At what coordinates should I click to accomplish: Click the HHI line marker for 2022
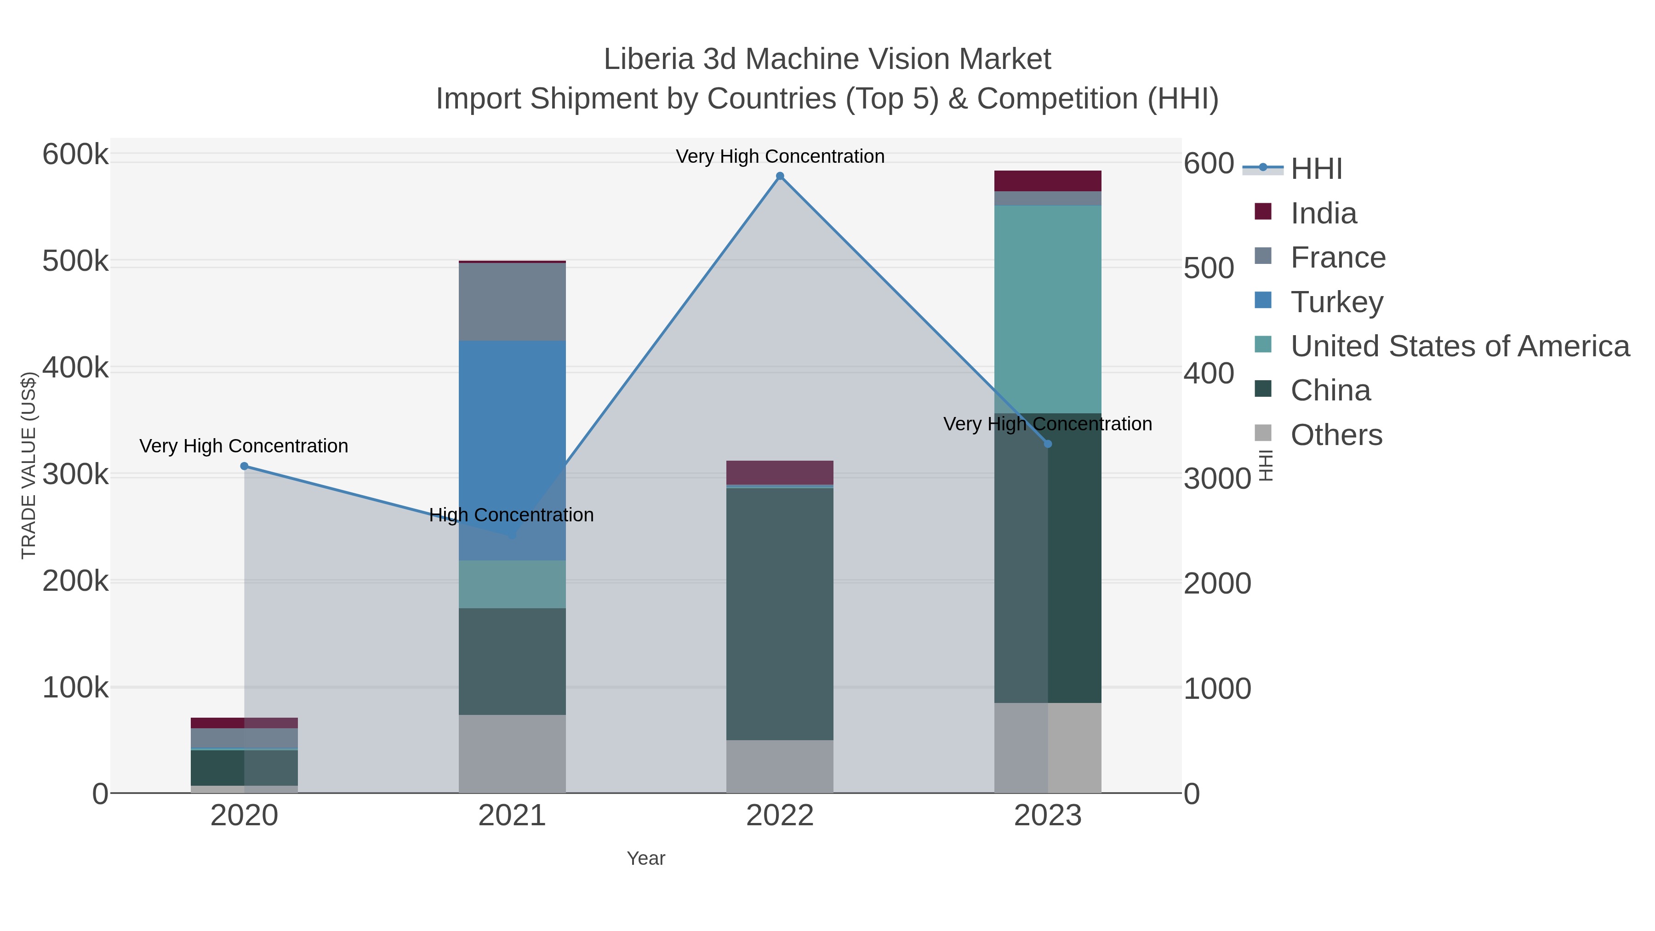[780, 176]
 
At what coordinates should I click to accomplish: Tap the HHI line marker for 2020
[244, 467]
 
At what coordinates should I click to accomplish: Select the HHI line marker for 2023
[1048, 444]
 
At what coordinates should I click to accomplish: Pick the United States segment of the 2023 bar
[1048, 309]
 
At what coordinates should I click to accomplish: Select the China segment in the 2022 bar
[780, 614]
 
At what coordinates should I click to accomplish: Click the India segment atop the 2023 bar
[1048, 181]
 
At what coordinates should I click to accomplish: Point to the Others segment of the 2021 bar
[512, 754]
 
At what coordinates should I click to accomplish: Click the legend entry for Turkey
[1336, 302]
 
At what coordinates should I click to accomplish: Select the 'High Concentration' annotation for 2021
[511, 515]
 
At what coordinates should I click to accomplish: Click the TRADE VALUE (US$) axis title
[29, 465]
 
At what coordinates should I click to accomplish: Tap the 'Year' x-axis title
[646, 858]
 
